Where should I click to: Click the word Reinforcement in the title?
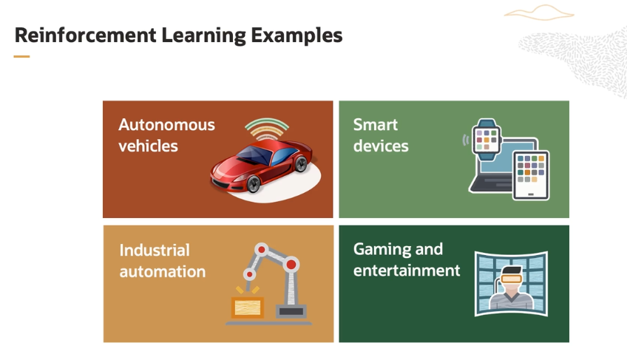(x=85, y=35)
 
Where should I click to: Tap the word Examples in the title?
(x=296, y=36)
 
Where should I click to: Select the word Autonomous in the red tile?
(x=167, y=125)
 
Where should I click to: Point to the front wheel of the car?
(x=254, y=183)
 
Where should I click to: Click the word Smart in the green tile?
(x=376, y=125)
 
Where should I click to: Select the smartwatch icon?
(x=487, y=139)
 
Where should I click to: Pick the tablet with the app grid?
(x=531, y=174)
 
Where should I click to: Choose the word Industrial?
(x=155, y=251)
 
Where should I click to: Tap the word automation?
(x=163, y=272)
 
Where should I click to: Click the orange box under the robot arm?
(x=248, y=308)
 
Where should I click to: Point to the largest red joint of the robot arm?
(x=291, y=265)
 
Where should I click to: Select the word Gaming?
(x=383, y=250)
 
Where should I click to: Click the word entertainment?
(x=407, y=271)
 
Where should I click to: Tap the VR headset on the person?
(x=512, y=278)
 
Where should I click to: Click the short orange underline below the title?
(x=21, y=56)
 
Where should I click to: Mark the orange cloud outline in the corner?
(x=539, y=13)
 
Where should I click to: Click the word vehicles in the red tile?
(x=148, y=146)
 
